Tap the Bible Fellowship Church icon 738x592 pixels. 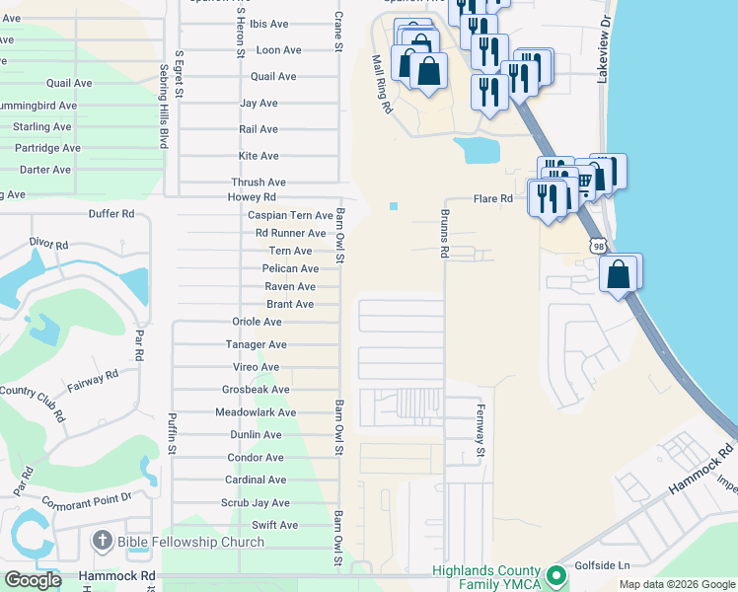point(102,541)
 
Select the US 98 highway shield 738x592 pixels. point(599,243)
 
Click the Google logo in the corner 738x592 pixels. point(33,580)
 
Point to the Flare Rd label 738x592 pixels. point(493,198)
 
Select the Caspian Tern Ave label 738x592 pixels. point(290,215)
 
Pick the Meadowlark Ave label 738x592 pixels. point(257,412)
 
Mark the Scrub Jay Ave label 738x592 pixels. point(256,502)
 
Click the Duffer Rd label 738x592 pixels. point(111,213)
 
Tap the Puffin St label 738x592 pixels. point(172,432)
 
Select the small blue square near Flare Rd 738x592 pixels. point(394,205)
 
